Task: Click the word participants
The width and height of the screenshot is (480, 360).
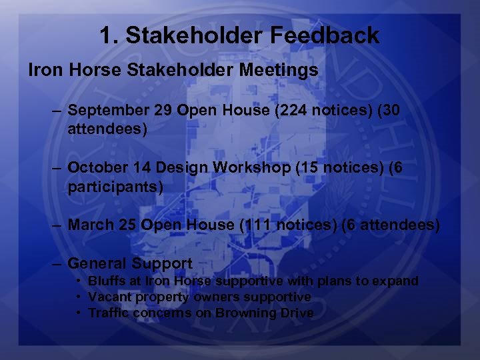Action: coord(115,186)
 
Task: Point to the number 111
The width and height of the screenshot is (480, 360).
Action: coord(255,225)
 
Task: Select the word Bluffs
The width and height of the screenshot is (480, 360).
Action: coord(107,281)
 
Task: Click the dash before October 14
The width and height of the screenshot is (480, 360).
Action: coord(57,168)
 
